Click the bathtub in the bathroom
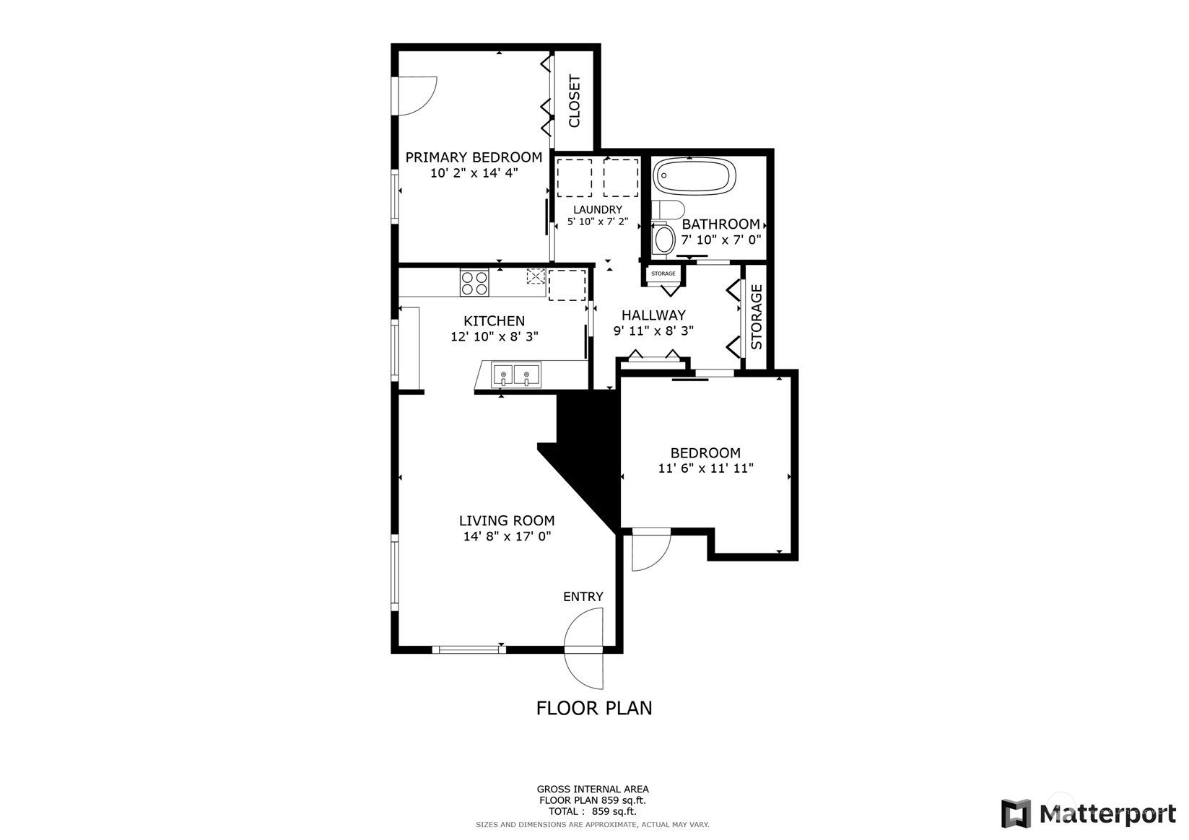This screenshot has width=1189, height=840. click(x=694, y=175)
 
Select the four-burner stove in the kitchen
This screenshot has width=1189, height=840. click(x=474, y=283)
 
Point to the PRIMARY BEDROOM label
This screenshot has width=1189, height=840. click(x=474, y=157)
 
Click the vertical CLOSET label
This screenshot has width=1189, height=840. click(x=575, y=101)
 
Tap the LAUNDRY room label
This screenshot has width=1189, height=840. click(x=598, y=209)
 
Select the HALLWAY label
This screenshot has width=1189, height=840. click(x=653, y=315)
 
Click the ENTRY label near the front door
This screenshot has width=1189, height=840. click(x=583, y=596)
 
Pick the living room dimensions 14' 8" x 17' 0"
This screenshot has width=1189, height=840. click(x=507, y=536)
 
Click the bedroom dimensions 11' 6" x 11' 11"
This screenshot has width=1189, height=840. click(x=706, y=468)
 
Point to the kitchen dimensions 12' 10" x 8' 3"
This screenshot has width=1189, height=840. click(x=495, y=336)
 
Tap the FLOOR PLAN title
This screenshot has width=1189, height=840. click(x=594, y=709)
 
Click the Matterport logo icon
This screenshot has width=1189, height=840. click(x=1016, y=814)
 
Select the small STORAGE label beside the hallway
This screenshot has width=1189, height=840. click(x=663, y=274)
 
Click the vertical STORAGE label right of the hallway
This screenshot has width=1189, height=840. click(x=757, y=317)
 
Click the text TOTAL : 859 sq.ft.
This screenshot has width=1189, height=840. click(x=593, y=811)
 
